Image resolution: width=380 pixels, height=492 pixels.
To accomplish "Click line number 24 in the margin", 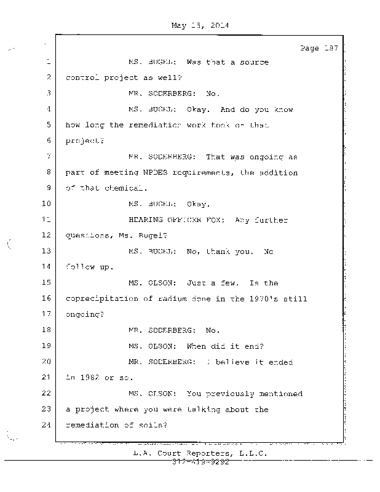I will (x=47, y=425).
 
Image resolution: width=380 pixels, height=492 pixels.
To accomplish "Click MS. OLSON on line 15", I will (x=153, y=283).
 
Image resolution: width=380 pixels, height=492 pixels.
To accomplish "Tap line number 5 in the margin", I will (x=47, y=125).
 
